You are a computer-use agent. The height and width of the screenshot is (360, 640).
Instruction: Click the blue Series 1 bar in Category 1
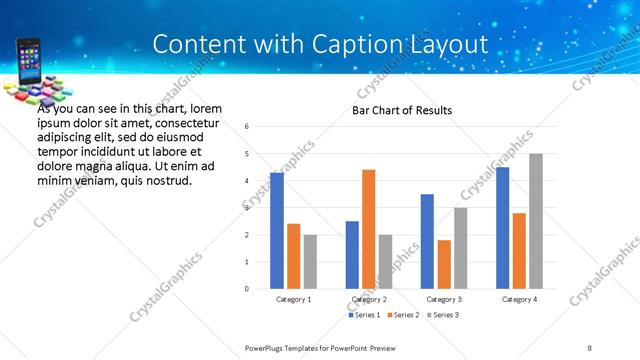pyautogui.click(x=277, y=231)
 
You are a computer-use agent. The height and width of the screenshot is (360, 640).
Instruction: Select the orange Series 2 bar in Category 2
pyautogui.click(x=368, y=229)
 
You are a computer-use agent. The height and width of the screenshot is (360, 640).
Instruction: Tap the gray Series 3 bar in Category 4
pyautogui.click(x=536, y=221)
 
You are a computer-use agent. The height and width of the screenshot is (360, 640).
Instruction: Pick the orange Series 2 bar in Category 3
pyautogui.click(x=444, y=264)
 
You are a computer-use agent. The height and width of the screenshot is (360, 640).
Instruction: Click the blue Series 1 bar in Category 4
pyautogui.click(x=502, y=228)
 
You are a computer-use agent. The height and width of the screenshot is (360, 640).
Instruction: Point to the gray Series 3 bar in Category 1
pyautogui.click(x=310, y=262)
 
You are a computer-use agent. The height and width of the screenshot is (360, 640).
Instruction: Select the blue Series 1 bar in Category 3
pyautogui.click(x=427, y=241)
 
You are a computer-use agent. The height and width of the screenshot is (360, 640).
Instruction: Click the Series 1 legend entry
pyautogui.click(x=363, y=315)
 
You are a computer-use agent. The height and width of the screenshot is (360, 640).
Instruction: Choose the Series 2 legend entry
pyautogui.click(x=404, y=315)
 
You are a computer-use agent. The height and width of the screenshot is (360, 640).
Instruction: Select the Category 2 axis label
pyautogui.click(x=368, y=299)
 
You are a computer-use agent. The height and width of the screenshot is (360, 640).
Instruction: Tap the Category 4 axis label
pyautogui.click(x=519, y=299)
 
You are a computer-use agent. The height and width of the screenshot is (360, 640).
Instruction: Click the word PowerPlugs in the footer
pyautogui.click(x=266, y=347)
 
